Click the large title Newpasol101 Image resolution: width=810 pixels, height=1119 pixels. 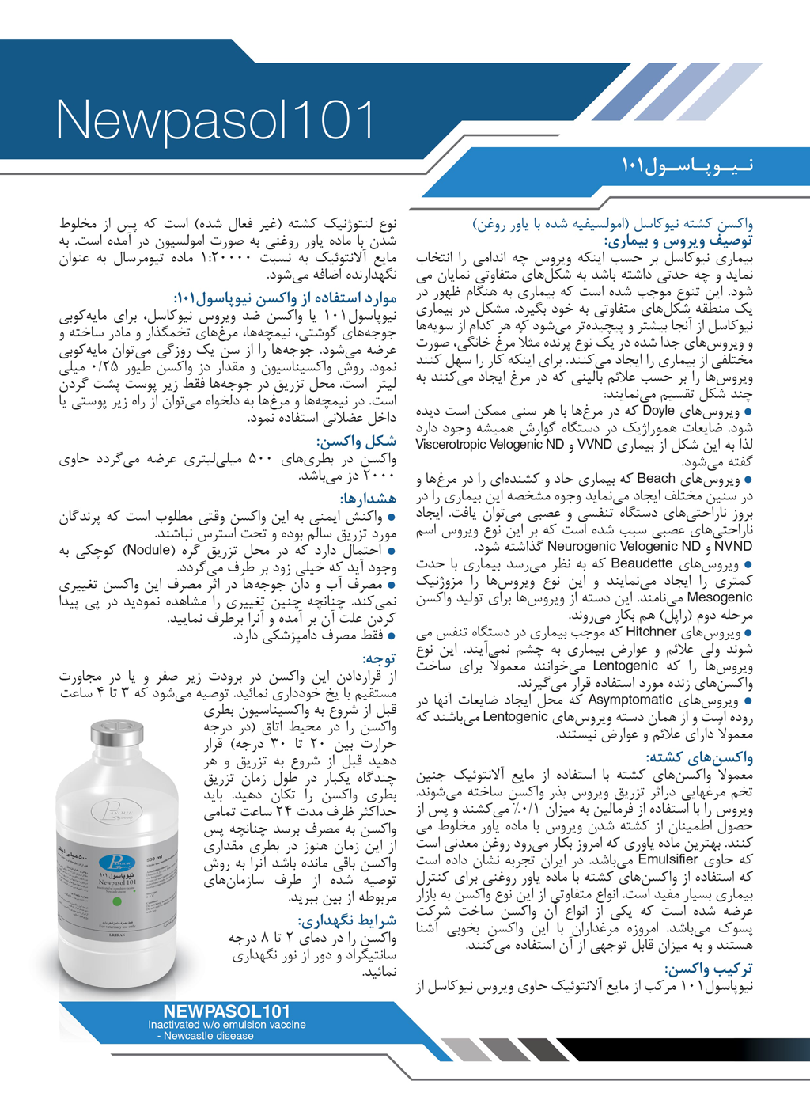(215, 122)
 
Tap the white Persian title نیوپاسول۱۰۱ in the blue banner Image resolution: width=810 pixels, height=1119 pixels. (687, 165)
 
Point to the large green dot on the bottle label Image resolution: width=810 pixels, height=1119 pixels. (117, 901)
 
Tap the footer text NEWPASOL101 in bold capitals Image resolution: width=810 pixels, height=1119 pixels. (226, 1011)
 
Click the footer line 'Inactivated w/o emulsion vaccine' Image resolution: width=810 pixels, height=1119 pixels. (226, 1024)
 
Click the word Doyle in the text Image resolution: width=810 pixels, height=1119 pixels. (658, 411)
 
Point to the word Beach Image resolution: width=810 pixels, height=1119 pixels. (656, 479)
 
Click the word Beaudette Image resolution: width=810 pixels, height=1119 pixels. (642, 564)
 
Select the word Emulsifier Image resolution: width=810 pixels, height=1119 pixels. (668, 859)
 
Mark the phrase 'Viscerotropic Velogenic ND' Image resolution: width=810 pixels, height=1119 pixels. (490, 445)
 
